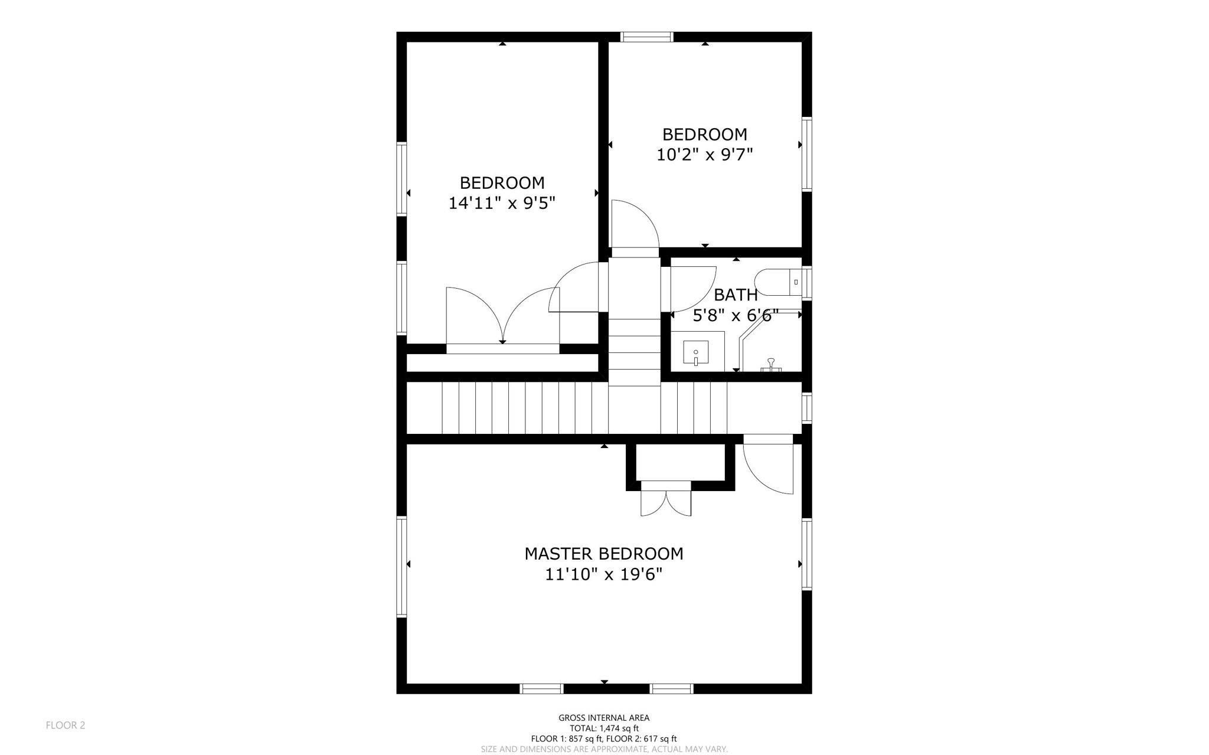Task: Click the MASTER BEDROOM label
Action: (603, 554)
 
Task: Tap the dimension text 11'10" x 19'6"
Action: (603, 574)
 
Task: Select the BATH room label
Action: (736, 295)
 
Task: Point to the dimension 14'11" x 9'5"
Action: (502, 203)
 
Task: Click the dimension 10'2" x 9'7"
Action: (704, 155)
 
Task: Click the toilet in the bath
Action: (779, 282)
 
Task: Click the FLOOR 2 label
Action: (66, 725)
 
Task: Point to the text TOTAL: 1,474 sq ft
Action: (603, 728)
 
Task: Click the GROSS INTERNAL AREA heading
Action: (603, 718)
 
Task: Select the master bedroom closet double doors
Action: (666, 503)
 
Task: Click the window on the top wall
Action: (647, 37)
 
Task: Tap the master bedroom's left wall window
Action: (401, 567)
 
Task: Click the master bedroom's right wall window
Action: (806, 554)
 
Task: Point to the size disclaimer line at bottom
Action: (603, 749)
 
